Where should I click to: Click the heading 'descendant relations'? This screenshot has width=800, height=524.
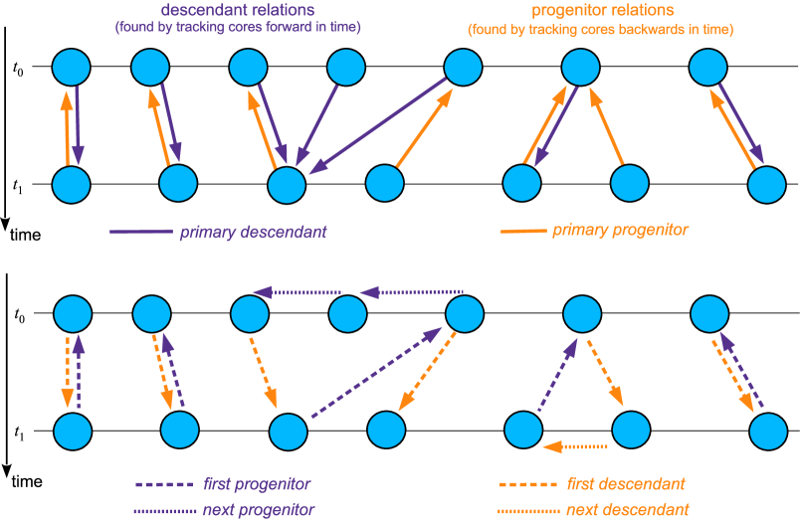237,10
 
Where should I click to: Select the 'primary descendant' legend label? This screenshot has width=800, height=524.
253,233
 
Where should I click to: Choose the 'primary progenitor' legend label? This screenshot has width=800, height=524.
620,231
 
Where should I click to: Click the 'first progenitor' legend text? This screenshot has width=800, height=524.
257,485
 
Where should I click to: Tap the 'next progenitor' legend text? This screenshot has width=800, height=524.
258,510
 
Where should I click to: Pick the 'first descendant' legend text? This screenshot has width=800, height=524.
625,485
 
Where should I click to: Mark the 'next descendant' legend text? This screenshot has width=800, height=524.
627,510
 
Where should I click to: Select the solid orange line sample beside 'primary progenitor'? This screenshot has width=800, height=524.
523,231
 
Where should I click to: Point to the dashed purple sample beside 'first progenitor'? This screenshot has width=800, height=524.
163,485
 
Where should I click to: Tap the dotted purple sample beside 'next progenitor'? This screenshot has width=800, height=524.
163,510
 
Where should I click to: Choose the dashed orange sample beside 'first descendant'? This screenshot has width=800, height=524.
527,485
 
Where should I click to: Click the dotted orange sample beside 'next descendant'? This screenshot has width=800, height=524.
527,510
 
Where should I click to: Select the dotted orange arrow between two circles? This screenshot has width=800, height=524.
575,446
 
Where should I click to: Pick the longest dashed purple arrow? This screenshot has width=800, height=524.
376,373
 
